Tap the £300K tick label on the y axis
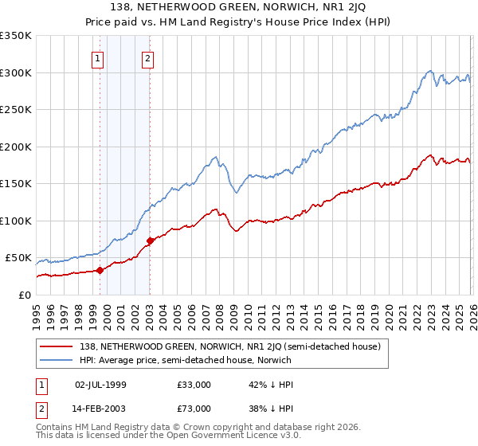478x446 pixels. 16,72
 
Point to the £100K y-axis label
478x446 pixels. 16,221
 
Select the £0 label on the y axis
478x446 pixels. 25,295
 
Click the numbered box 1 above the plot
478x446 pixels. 97,57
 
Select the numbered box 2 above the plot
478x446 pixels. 148,57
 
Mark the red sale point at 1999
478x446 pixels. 100,270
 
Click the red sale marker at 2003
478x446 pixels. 150,241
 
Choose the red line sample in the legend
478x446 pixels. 56,346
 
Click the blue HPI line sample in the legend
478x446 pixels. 56,360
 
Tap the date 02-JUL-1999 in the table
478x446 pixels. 100,385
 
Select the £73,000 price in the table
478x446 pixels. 194,408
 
